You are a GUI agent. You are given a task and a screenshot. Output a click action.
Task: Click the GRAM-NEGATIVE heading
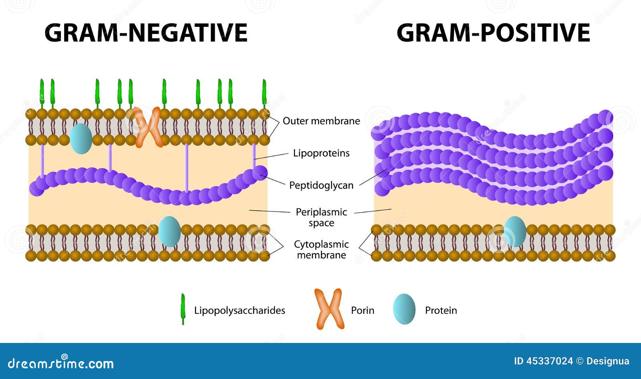pos(146,33)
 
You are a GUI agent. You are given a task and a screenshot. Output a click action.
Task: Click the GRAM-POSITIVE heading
pos(493,33)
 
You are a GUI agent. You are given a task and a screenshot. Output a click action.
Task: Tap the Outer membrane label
pos(321,121)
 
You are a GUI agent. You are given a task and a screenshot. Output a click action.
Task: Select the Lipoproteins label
pos(321,153)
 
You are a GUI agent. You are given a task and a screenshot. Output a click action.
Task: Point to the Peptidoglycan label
pos(321,185)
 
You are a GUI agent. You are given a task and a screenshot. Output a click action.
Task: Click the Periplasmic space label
pos(321,218)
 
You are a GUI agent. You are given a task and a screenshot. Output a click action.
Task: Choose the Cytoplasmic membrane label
pos(321,250)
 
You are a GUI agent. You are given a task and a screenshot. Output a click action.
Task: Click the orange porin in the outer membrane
pos(147,127)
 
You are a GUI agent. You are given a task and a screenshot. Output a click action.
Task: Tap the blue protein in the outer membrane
pos(81,139)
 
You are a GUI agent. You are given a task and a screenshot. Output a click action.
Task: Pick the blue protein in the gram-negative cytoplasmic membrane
pos(169,232)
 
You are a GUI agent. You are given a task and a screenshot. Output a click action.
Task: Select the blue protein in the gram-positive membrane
pos(515,232)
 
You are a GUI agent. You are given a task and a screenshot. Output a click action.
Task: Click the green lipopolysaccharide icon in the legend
pos(183,309)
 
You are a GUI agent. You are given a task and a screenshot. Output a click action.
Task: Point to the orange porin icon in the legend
pos(329,309)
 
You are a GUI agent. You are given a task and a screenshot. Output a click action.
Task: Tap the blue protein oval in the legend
pos(404,309)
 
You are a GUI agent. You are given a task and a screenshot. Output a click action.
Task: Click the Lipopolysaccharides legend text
pos(240,310)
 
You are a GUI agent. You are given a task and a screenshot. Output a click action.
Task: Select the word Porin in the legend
pos(363,310)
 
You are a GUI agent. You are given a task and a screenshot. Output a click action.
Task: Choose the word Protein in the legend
pos(441,310)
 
